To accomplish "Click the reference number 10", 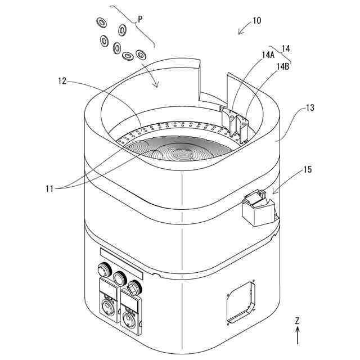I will [x=256, y=21].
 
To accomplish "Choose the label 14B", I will [x=283, y=66].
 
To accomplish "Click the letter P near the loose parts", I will [x=140, y=19].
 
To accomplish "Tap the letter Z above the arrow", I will [x=297, y=321].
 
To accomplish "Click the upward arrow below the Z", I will [x=297, y=336].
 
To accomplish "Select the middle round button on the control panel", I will [x=119, y=278].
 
